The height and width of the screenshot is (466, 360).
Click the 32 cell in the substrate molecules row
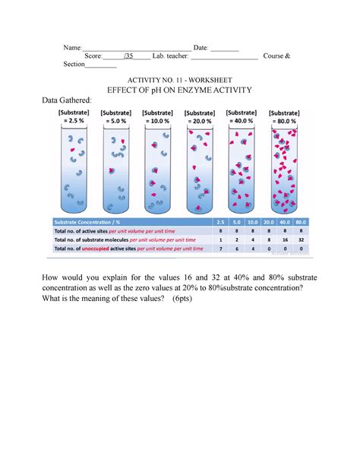pyautogui.click(x=301, y=238)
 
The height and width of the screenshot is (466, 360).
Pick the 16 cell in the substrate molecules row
pyautogui.click(x=281, y=238)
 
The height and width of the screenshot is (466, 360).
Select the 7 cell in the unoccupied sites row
pyautogui.click(x=220, y=248)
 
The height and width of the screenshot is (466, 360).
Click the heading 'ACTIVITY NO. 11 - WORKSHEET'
pyautogui.click(x=180, y=79)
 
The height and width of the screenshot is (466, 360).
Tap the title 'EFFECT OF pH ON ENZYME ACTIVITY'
pyautogui.click(x=180, y=90)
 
